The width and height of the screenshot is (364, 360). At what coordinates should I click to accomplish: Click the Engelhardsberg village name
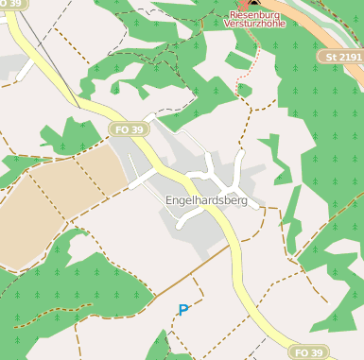pos(206,201)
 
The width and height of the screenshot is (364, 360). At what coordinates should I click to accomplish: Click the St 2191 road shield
pos(343,57)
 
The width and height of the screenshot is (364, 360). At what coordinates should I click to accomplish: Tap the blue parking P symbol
pos(183,309)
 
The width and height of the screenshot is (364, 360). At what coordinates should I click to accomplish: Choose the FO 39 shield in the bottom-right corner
pos(308,352)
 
